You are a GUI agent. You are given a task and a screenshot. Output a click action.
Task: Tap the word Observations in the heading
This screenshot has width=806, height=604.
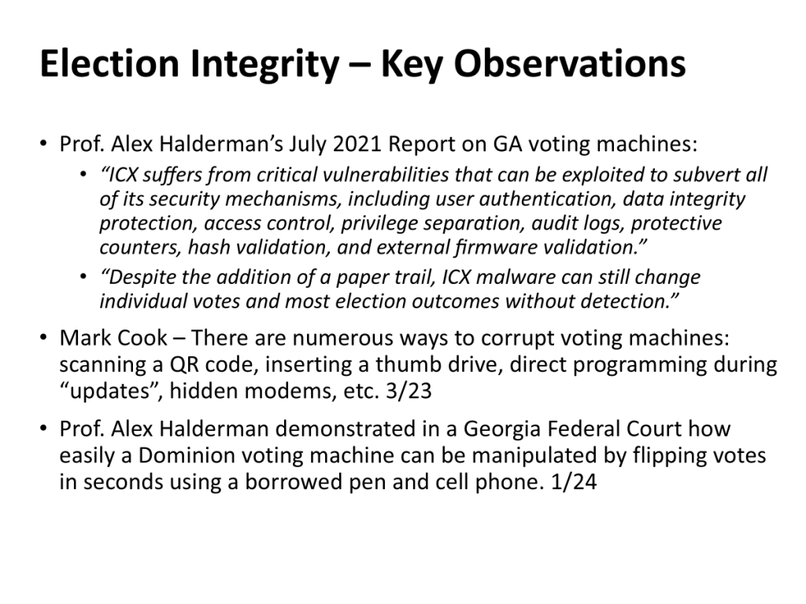pos(570,64)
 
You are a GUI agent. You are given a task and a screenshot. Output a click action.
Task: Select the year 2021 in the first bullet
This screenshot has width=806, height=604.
pos(357,144)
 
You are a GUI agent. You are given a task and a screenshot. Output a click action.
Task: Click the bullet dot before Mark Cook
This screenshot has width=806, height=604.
pos(43,337)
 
